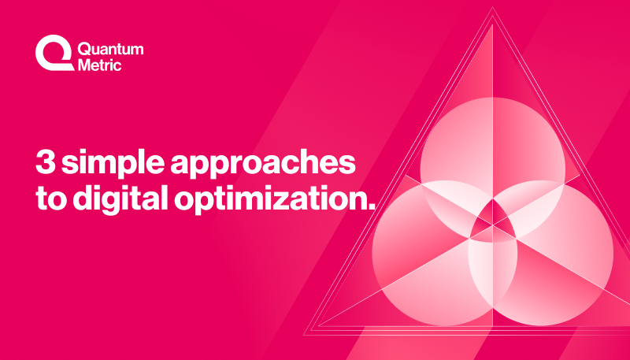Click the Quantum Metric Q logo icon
pos(52,54)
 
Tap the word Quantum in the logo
pos(111,49)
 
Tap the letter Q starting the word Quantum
pos(86,49)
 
